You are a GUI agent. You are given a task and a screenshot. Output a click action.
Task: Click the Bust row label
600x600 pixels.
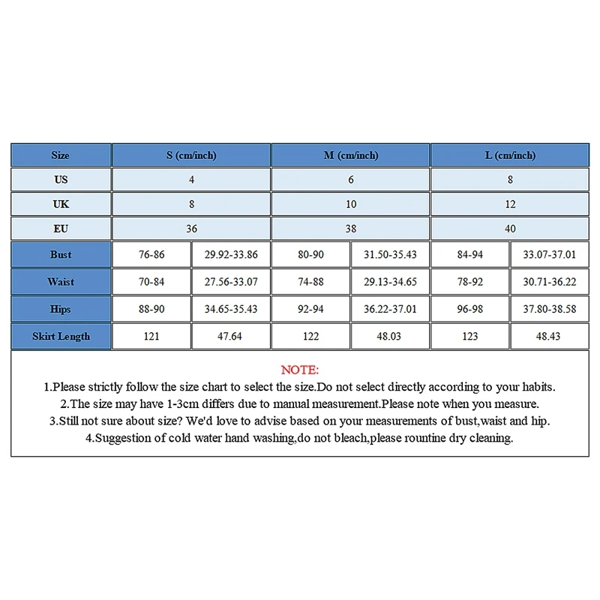coord(61,254)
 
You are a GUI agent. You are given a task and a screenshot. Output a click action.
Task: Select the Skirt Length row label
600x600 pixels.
coord(61,336)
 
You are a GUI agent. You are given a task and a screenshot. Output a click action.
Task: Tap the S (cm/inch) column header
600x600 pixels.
coord(191,155)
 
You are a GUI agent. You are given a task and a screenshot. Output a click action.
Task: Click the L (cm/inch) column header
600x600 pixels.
coord(510,155)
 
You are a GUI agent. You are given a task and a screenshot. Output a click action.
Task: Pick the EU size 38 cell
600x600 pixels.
coord(351,228)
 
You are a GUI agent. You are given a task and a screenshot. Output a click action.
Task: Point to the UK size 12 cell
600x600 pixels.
coord(510,204)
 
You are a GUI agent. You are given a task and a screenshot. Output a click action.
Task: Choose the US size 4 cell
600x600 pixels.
coord(191,180)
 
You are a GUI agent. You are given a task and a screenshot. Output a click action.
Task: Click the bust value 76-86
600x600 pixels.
coord(151,254)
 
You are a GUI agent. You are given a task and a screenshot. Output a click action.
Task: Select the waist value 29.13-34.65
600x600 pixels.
coord(390,282)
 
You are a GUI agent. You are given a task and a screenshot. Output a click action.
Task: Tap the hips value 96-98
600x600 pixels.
coord(470,309)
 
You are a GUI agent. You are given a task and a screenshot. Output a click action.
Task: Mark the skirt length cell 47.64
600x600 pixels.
coord(229,336)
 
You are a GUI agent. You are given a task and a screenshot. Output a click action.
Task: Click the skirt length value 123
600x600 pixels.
coord(470,336)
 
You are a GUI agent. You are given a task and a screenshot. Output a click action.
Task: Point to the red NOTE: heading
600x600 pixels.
coord(300,370)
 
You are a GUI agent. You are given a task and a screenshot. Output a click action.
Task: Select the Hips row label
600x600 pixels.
coord(61,309)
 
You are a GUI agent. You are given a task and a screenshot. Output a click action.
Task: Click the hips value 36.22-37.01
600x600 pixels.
coord(390,309)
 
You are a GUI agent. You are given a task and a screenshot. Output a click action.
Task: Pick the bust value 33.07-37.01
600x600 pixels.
coord(549,254)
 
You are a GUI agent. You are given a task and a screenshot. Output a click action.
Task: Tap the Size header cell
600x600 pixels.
coord(61,155)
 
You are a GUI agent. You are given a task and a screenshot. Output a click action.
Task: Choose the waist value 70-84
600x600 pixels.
coord(151,282)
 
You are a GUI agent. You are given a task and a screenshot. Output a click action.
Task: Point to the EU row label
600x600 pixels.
coord(61,228)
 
